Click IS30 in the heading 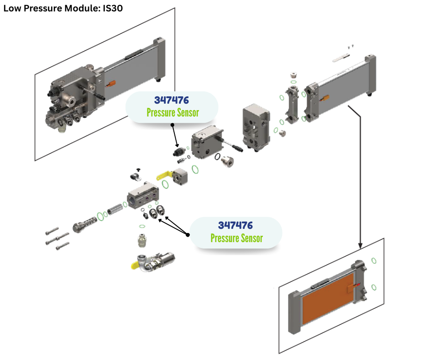click(110, 8)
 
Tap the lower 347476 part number click(235, 225)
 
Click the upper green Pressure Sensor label click(173, 112)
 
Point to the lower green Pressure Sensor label click(236, 238)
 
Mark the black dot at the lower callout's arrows click(188, 234)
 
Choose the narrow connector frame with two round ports click(292, 104)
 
